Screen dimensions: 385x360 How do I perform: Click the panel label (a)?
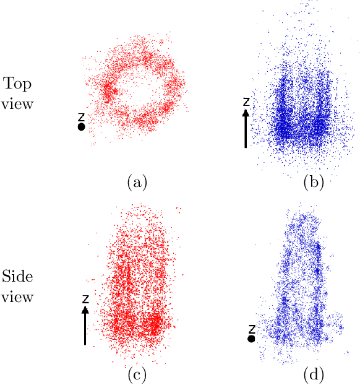coord(136,182)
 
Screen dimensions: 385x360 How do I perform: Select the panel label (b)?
coord(313,182)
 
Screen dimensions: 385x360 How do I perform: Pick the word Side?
coord(17,277)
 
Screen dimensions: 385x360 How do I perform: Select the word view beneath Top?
coord(17,104)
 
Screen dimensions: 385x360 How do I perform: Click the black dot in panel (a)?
coord(81,127)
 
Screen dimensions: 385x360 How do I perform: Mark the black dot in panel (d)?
coord(251,339)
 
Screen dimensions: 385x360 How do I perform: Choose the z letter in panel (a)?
coord(81,116)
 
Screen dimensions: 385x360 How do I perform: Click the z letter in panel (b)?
coord(246,101)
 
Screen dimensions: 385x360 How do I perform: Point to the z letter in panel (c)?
coord(85,298)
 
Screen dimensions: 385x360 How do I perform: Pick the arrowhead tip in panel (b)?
coord(246,110)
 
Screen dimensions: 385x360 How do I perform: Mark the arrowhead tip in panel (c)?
coord(85,306)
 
